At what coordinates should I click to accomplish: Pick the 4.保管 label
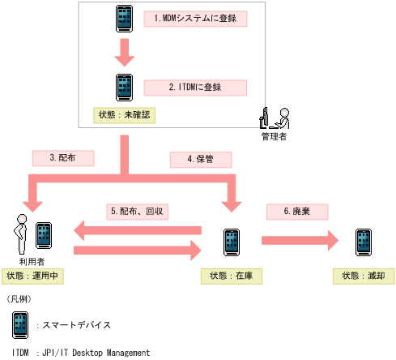(x=201, y=159)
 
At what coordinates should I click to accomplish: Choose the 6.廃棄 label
(x=297, y=211)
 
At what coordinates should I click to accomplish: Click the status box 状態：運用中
(x=33, y=276)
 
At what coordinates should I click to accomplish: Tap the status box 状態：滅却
(x=364, y=276)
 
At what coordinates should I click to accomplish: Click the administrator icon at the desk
(x=275, y=118)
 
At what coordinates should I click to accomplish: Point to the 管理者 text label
(x=275, y=136)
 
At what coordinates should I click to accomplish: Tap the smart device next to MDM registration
(x=124, y=19)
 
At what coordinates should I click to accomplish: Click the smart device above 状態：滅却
(x=364, y=242)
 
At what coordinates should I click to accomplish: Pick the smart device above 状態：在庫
(x=232, y=242)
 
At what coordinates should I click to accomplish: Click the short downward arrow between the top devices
(x=124, y=54)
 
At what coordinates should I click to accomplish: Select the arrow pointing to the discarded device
(x=299, y=240)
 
